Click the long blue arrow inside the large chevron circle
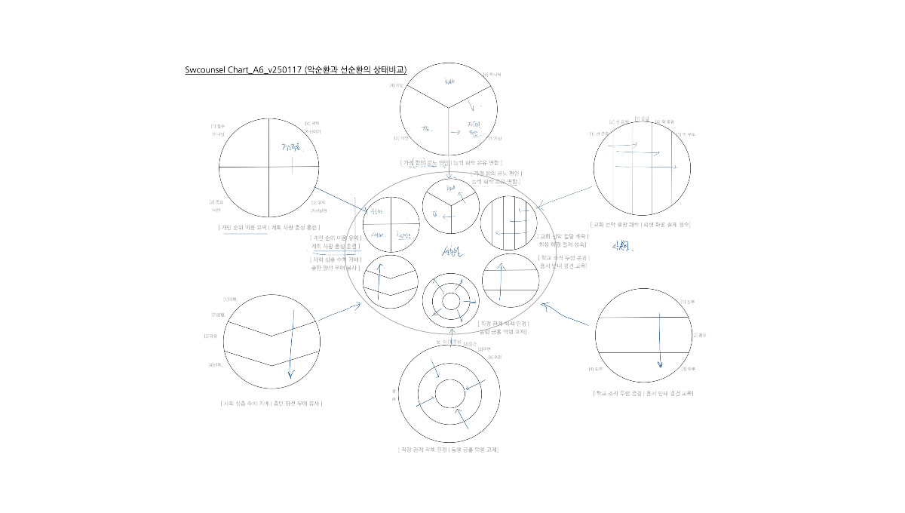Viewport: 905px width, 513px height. click(x=288, y=343)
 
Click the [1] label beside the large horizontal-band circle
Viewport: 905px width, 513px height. click(x=683, y=301)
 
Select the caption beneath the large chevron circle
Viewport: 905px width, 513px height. click(x=271, y=403)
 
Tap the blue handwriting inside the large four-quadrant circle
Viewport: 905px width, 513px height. click(x=290, y=148)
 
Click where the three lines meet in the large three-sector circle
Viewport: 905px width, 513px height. click(x=449, y=107)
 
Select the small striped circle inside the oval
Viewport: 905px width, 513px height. click(x=509, y=223)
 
